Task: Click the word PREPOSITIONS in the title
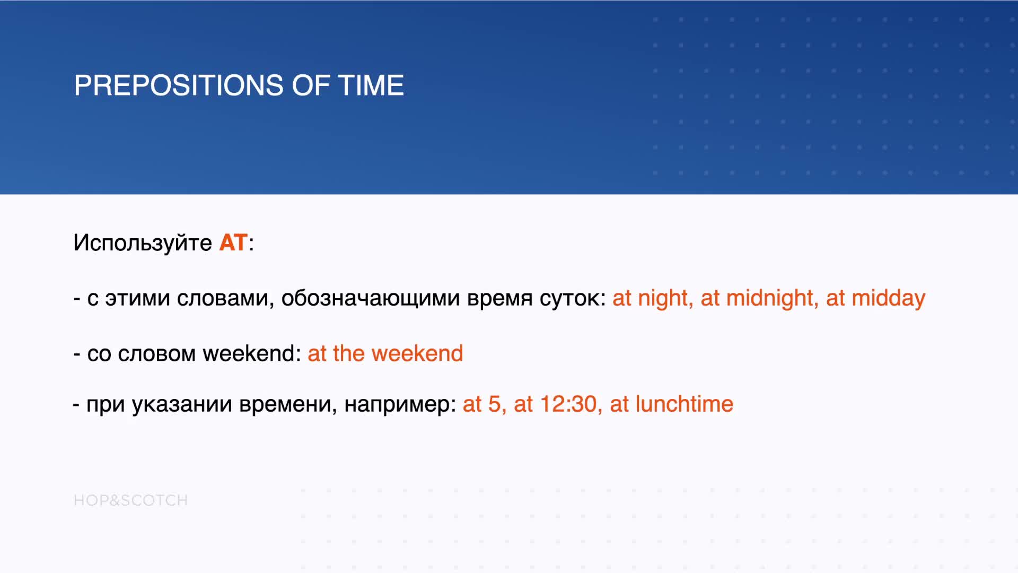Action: click(x=179, y=85)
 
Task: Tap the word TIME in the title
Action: click(x=371, y=85)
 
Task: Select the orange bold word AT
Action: click(x=233, y=243)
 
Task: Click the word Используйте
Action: click(x=143, y=243)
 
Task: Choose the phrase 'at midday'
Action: click(x=875, y=298)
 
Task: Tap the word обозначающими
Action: click(x=371, y=298)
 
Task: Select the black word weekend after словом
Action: click(x=252, y=353)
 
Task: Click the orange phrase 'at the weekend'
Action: click(x=385, y=353)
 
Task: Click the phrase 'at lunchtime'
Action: click(x=672, y=404)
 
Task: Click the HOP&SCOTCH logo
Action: click(x=130, y=500)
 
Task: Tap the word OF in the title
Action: click(x=311, y=85)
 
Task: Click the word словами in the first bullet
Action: click(x=225, y=299)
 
